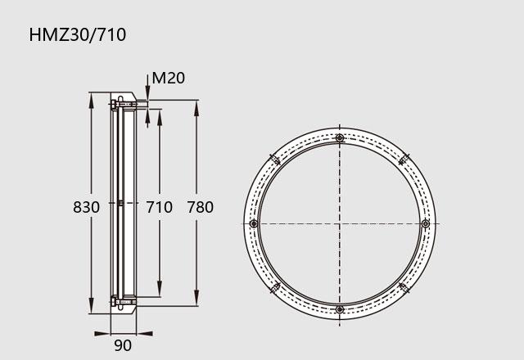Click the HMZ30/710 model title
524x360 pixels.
pos(78,35)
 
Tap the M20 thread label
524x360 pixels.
pos(168,79)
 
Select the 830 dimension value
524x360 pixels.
pos(86,207)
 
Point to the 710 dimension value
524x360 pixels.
pos(159,207)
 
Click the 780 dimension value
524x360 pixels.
pos(200,207)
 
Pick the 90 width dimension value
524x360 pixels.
pos(123,345)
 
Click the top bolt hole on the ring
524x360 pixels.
pos(340,138)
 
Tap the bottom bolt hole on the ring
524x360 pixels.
pos(340,309)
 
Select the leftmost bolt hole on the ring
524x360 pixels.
pos(254,223)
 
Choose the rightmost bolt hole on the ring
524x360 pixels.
pos(426,223)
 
